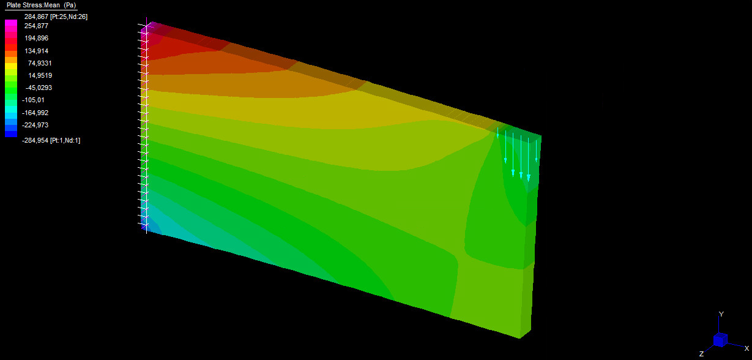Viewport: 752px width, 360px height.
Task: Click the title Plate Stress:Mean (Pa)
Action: pos(41,5)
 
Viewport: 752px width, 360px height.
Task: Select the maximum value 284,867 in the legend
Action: pos(37,17)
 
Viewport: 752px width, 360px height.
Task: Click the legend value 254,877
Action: pos(36,26)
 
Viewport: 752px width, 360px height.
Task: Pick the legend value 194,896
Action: pos(36,39)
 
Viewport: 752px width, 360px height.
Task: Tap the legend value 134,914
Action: pos(36,51)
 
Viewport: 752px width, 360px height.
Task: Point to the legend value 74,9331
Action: pos(40,63)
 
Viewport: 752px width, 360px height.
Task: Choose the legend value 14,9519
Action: pos(40,75)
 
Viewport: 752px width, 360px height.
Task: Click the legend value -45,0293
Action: pos(39,88)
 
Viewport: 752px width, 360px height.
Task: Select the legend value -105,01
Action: pos(33,100)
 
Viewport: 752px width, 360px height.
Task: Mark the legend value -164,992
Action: pos(35,113)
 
